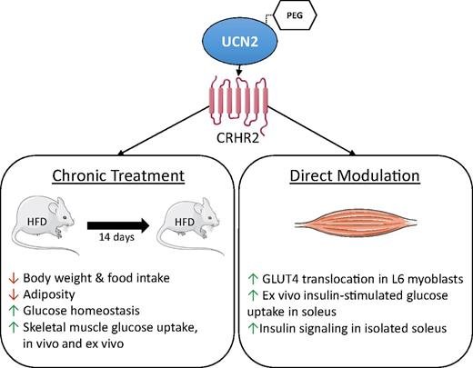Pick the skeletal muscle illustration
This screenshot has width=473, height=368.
click(x=350, y=224)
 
